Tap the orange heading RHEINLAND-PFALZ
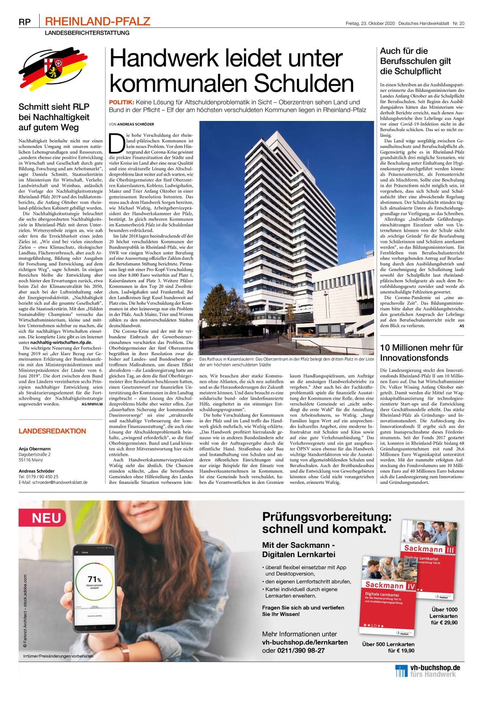97,21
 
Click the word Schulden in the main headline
304,83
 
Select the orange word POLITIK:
122,102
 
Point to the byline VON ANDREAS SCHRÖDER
131,124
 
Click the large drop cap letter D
117,144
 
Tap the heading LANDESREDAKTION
52,431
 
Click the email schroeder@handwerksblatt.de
60,482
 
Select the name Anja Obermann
35,449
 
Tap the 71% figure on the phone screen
94,579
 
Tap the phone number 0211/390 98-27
301,650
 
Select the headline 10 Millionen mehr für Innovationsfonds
421,352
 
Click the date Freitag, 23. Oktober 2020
370,23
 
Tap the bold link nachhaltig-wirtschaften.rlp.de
61,342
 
